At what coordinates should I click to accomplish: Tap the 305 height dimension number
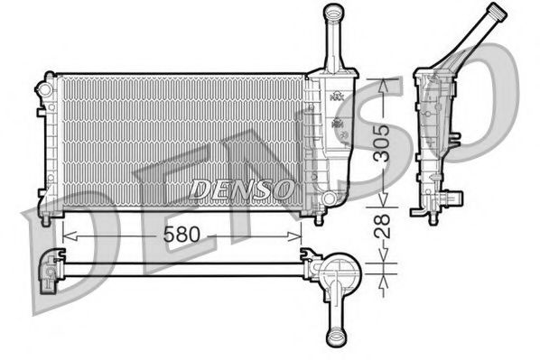[x=385, y=142]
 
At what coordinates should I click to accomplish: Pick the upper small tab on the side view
[x=454, y=137]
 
